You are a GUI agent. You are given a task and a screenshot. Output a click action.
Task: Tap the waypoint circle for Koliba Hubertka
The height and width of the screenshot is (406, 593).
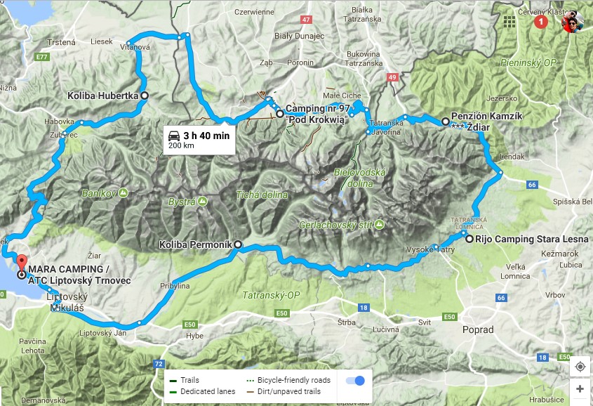point(145,96)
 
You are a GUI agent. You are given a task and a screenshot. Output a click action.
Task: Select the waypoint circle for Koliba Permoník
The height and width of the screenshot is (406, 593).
point(237,245)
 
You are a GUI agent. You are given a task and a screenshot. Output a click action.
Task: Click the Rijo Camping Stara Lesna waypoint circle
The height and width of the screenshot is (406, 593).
point(469,238)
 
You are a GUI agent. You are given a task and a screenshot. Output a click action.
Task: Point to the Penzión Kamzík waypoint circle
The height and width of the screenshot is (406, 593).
point(445,122)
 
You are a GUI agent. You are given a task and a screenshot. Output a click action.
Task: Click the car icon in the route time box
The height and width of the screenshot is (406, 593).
point(173,135)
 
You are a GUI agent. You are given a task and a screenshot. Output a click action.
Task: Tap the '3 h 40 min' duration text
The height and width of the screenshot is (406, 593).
point(206,135)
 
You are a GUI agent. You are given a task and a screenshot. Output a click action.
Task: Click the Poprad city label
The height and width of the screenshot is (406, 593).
point(477,329)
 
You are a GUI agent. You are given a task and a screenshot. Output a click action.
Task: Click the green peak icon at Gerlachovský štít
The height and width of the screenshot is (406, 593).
point(379,224)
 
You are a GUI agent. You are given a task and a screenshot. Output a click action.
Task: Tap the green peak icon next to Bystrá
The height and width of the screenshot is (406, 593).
point(202,202)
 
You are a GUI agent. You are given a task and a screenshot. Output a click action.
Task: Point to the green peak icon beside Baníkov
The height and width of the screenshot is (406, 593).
point(124,192)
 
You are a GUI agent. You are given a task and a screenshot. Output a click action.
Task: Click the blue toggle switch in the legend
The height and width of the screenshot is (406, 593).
point(356,381)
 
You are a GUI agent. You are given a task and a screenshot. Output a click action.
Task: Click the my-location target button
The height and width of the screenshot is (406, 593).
point(580,367)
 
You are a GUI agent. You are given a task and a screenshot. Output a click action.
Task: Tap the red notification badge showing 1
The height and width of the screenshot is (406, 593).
point(540,22)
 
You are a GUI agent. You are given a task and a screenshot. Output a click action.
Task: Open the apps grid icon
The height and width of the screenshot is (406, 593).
point(509,22)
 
